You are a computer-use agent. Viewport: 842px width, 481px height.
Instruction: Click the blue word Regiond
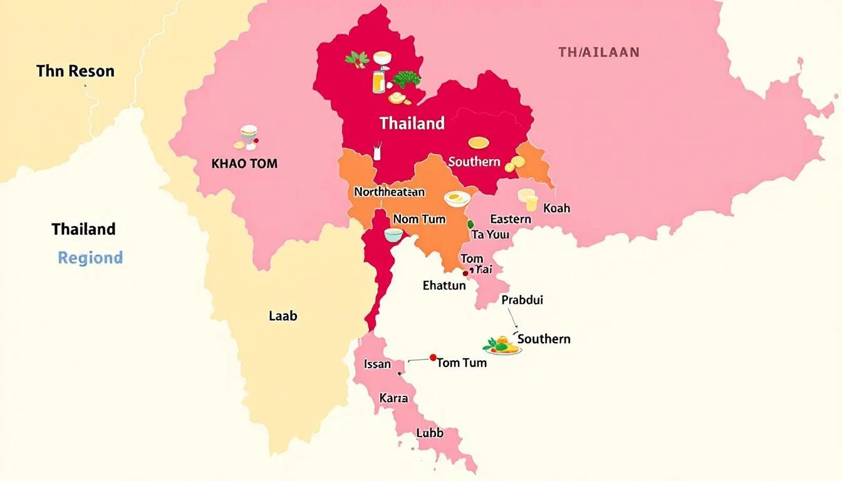coord(90,257)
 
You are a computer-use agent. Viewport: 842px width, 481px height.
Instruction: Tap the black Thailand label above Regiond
coord(83,229)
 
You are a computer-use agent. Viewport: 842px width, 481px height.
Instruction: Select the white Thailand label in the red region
coord(412,123)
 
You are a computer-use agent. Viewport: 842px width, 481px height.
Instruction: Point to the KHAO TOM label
coord(244,164)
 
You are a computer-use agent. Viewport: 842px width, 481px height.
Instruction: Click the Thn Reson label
coord(75,71)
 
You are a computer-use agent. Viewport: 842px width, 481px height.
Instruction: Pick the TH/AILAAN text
coord(598,53)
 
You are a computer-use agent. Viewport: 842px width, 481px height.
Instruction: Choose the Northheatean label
coord(389,192)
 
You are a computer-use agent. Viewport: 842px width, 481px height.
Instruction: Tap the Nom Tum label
coord(419,219)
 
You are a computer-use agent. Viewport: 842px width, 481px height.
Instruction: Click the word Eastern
coord(510,219)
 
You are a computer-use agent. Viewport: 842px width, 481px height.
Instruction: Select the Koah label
coord(556,208)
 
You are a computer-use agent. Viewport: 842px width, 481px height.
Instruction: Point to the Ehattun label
coord(444,286)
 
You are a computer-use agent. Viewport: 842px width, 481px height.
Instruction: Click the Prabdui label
coord(522,300)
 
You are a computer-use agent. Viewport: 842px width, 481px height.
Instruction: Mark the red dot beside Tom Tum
coord(432,358)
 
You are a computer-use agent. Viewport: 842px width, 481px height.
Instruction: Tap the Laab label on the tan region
coord(283,316)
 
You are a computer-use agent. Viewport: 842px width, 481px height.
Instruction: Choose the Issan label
coord(377,364)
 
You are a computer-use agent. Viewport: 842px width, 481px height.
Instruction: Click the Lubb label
coord(429,433)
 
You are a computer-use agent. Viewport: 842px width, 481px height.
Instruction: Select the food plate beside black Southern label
coord(503,346)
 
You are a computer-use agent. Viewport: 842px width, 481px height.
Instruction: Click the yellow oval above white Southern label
coord(478,143)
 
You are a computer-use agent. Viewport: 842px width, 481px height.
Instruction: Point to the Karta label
coord(393,398)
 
